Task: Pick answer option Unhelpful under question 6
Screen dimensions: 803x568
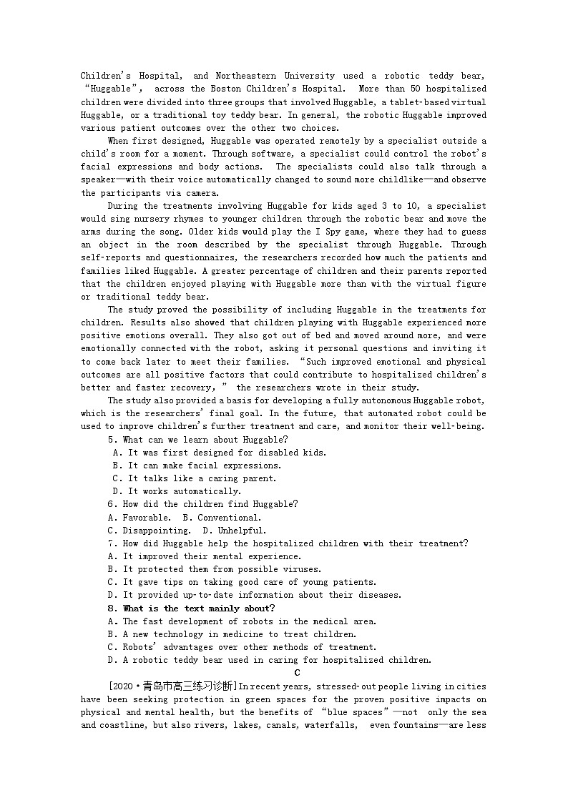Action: [242, 531]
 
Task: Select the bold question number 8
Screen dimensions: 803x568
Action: [112, 609]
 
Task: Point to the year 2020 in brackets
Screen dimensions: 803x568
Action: [124, 686]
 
